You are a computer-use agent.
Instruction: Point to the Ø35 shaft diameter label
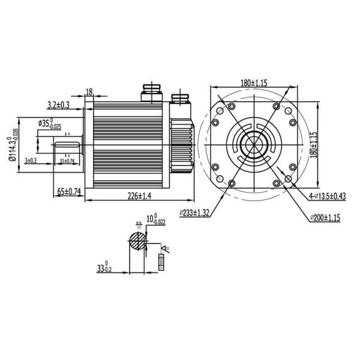(49, 124)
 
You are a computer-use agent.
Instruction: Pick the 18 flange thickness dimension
(89, 92)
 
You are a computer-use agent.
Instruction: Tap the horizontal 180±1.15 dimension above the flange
(255, 82)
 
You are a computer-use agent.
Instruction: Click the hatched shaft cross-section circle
(137, 242)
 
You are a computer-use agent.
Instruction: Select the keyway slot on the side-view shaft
(69, 145)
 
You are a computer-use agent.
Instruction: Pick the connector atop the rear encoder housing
(180, 98)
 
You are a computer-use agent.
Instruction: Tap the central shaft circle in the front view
(254, 145)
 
